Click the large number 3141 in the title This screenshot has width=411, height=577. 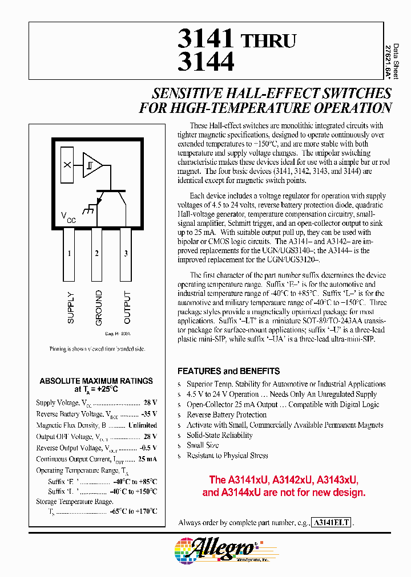[x=206, y=39]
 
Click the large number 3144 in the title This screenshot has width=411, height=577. [x=206, y=62]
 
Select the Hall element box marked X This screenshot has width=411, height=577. [x=67, y=165]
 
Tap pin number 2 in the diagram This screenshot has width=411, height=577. [x=96, y=253]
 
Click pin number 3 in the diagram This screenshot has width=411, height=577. [x=126, y=253]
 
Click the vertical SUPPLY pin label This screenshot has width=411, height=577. [x=71, y=308]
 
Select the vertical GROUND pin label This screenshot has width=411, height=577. [x=99, y=308]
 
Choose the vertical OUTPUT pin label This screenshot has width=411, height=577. [x=127, y=308]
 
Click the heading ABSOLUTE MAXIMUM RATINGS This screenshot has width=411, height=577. [x=96, y=381]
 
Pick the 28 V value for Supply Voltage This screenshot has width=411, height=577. [x=150, y=403]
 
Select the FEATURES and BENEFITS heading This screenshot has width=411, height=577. [x=228, y=371]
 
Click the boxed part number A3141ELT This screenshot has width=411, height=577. [x=332, y=522]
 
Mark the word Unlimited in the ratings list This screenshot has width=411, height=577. [x=143, y=425]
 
